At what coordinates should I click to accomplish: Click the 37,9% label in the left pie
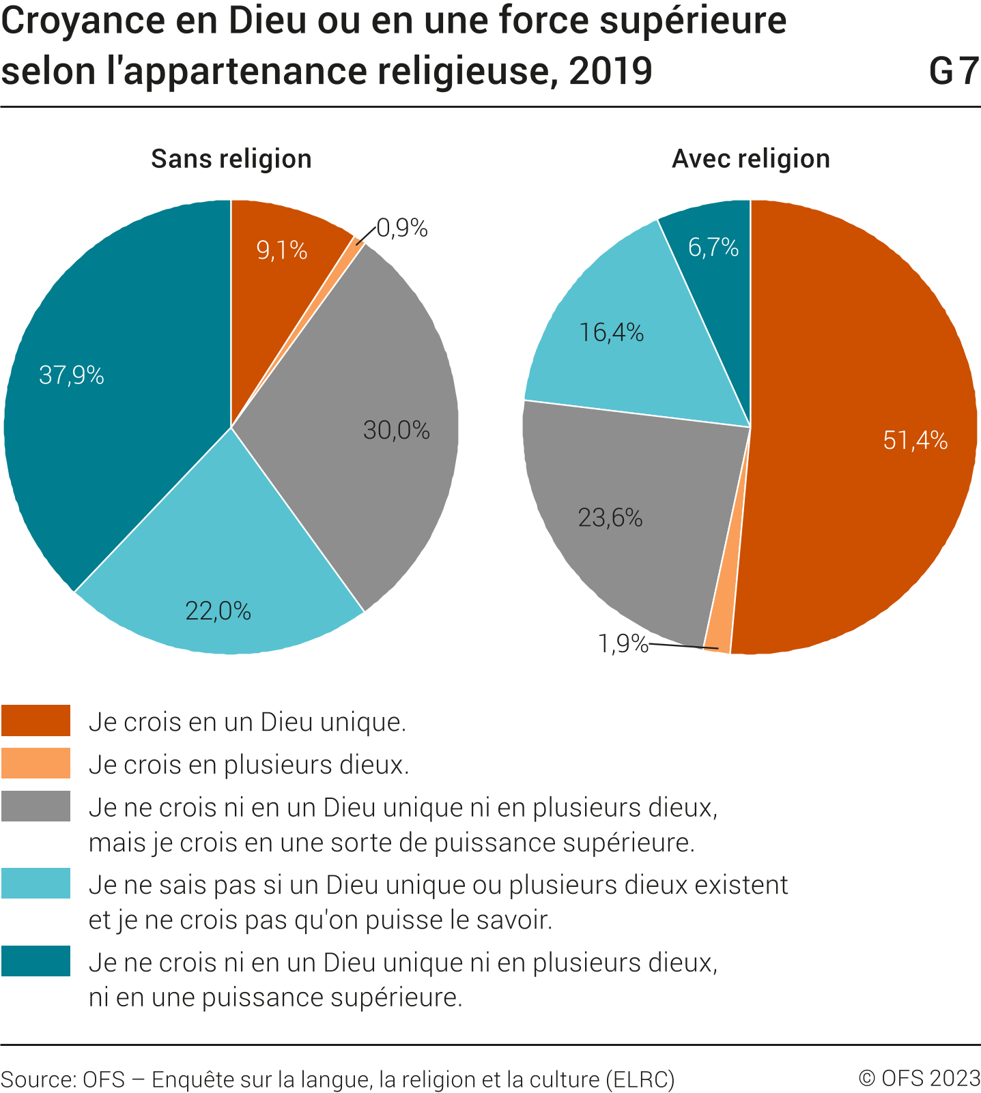72,375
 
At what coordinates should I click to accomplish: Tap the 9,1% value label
281,250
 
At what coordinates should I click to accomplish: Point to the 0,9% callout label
402,228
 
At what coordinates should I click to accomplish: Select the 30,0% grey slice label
396,430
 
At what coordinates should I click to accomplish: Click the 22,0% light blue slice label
218,611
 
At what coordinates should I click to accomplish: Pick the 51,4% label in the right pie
915,440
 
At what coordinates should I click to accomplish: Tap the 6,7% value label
713,247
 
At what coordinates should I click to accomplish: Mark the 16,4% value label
611,332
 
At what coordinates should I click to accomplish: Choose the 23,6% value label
610,518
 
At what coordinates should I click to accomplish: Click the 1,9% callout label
623,643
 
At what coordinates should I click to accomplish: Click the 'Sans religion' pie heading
231,159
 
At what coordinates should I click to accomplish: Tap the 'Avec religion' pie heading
751,159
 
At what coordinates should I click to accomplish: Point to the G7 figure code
954,71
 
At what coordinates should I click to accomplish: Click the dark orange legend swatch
35,720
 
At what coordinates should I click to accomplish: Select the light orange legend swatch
35,763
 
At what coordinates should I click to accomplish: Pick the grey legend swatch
35,806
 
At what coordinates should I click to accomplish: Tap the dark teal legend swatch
35,961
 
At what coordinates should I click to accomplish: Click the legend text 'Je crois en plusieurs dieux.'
248,765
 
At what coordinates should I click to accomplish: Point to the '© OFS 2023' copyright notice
919,1078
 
